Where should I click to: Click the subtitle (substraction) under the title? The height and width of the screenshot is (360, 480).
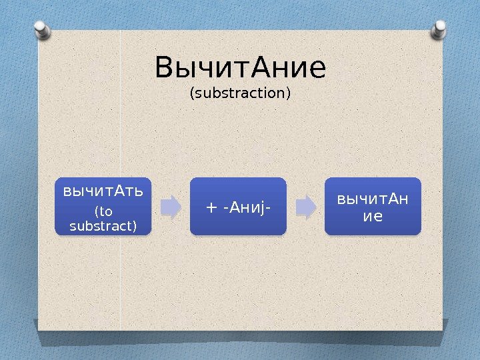click(240, 93)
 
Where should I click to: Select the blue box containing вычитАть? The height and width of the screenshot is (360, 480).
click(103, 206)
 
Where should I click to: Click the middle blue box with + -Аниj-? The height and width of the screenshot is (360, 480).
click(238, 206)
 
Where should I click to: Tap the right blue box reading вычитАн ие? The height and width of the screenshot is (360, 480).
click(373, 206)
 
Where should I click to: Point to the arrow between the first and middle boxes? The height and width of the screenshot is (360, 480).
click(171, 207)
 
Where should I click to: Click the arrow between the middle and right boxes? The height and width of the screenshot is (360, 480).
click(305, 207)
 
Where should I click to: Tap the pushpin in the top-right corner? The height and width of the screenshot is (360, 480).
click(440, 29)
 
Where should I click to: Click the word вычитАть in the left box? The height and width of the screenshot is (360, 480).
click(103, 192)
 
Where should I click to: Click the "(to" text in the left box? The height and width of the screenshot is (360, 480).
click(103, 213)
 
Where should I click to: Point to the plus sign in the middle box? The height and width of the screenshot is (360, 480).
click(211, 207)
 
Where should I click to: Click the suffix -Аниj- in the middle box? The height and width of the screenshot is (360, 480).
click(247, 207)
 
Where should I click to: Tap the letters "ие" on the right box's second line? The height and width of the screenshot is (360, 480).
click(373, 215)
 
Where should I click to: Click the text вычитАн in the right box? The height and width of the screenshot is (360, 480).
click(373, 199)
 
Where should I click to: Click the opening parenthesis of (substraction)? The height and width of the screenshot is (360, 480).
click(192, 93)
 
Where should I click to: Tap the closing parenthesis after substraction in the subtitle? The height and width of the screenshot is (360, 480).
click(289, 93)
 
